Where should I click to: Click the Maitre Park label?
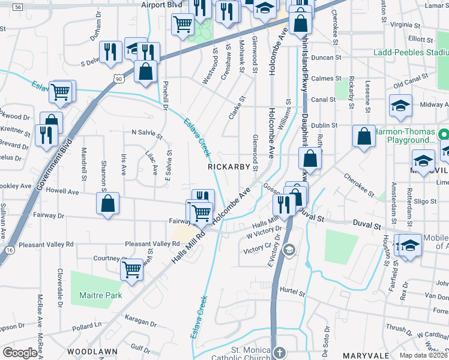click(100, 295)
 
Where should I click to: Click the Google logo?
click(20, 352)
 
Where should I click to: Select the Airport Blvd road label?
click(161, 5)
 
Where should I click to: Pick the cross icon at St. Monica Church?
click(279, 352)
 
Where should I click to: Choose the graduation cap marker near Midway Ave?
click(400, 105)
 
